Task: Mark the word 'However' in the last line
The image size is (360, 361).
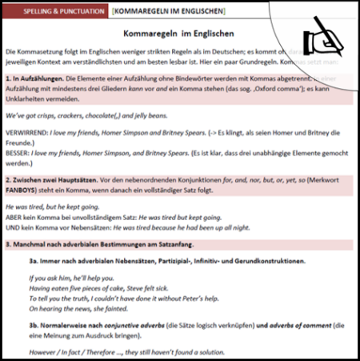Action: (42, 352)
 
